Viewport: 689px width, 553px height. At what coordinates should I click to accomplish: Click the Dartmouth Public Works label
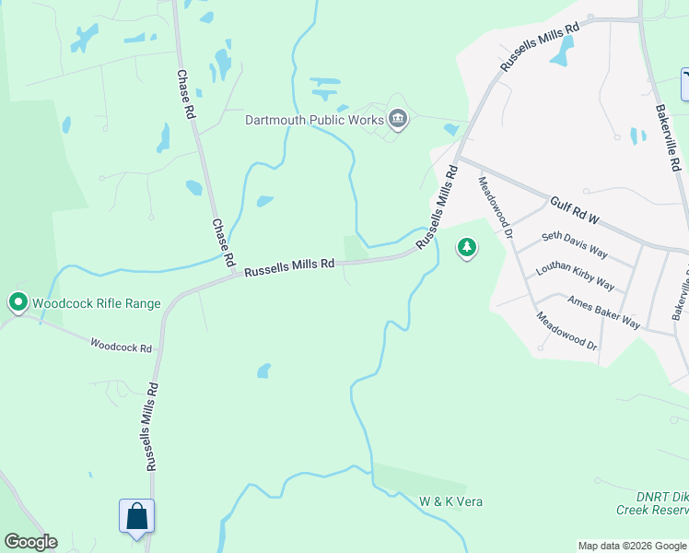point(314,120)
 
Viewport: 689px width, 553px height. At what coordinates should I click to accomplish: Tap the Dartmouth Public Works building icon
point(398,120)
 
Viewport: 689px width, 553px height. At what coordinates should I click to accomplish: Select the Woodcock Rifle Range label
point(96,303)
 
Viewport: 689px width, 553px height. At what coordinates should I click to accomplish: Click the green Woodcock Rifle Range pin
point(18,301)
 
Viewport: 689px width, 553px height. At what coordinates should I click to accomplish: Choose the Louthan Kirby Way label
point(575,275)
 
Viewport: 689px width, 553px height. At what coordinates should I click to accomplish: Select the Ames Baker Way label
point(603,312)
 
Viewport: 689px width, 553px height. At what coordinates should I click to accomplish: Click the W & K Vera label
point(451,501)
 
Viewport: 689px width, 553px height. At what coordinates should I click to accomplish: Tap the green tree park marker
point(467,247)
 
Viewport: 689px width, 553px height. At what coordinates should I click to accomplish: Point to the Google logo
point(30,542)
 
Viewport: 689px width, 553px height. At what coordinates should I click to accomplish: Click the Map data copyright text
point(631,546)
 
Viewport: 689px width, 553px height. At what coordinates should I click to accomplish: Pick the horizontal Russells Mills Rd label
point(288,265)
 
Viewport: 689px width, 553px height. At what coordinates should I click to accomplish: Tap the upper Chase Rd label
point(186,95)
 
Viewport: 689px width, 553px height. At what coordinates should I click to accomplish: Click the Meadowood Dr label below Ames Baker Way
point(567,329)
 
